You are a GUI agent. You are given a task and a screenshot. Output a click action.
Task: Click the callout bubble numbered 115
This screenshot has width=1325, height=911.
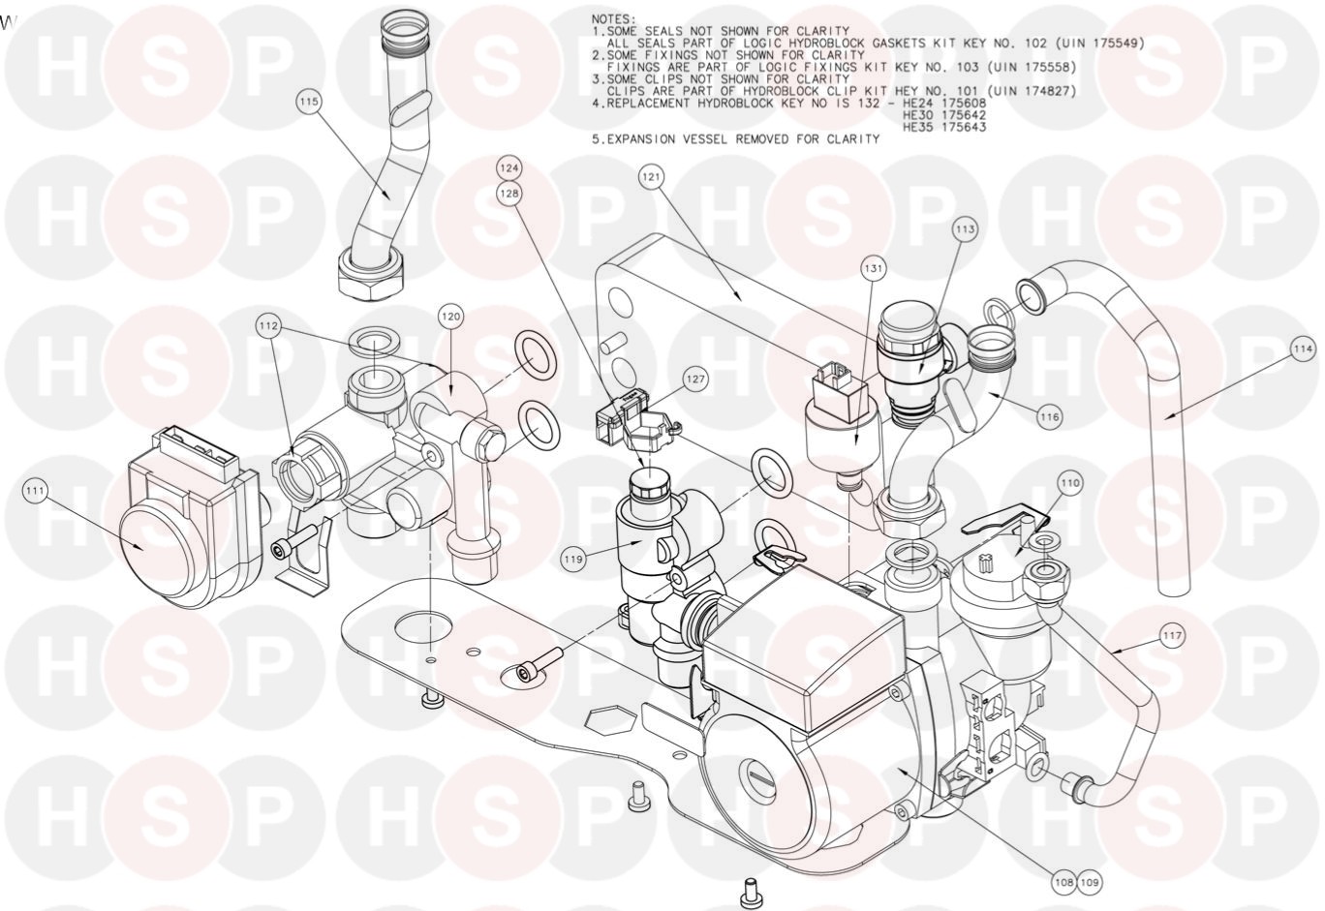click(309, 102)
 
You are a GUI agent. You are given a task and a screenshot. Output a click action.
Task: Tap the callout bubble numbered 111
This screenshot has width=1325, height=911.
click(36, 491)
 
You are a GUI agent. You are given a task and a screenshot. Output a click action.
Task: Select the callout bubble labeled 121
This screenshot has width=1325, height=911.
click(651, 177)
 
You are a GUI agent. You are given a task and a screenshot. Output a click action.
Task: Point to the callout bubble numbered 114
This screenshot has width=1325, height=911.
click(1303, 349)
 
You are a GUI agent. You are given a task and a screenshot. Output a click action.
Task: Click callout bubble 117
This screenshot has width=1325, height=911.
click(1172, 636)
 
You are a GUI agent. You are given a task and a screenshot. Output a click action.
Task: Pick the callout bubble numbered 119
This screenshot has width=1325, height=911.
click(573, 560)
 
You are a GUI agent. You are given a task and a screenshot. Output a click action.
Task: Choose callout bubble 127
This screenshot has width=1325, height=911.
click(695, 379)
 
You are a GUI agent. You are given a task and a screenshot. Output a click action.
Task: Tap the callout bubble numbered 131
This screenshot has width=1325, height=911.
click(873, 269)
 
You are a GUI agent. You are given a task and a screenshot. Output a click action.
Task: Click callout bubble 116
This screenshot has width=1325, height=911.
click(1050, 417)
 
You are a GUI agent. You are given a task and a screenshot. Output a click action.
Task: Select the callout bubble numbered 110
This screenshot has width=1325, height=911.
click(1069, 483)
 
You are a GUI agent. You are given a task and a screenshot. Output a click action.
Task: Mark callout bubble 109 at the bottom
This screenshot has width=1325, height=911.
click(1090, 883)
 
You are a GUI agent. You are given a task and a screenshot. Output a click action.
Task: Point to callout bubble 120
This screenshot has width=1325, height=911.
click(450, 317)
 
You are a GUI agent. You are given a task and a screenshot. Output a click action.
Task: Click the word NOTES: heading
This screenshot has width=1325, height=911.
click(614, 19)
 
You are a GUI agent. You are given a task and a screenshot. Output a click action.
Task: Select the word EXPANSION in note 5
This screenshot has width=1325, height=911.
click(641, 139)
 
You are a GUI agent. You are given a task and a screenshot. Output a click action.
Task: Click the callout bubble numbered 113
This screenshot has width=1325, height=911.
click(966, 229)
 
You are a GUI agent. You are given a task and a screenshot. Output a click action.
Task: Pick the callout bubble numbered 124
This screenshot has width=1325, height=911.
click(509, 168)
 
